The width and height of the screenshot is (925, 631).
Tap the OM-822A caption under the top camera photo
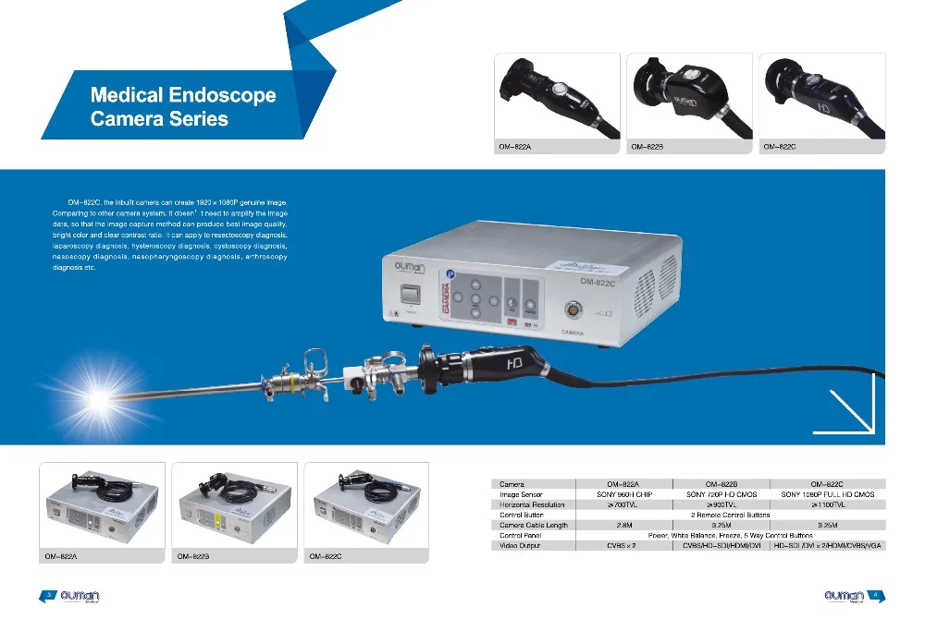(517, 146)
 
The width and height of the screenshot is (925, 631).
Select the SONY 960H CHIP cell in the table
(623, 494)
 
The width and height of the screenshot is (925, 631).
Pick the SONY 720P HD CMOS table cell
(721, 494)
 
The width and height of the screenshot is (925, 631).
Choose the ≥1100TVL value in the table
(827, 504)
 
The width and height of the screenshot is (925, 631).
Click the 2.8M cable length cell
(623, 525)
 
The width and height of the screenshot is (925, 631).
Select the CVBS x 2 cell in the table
(623, 545)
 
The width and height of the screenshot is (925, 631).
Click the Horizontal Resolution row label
(532, 504)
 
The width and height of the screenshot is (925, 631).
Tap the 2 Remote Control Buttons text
(730, 515)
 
